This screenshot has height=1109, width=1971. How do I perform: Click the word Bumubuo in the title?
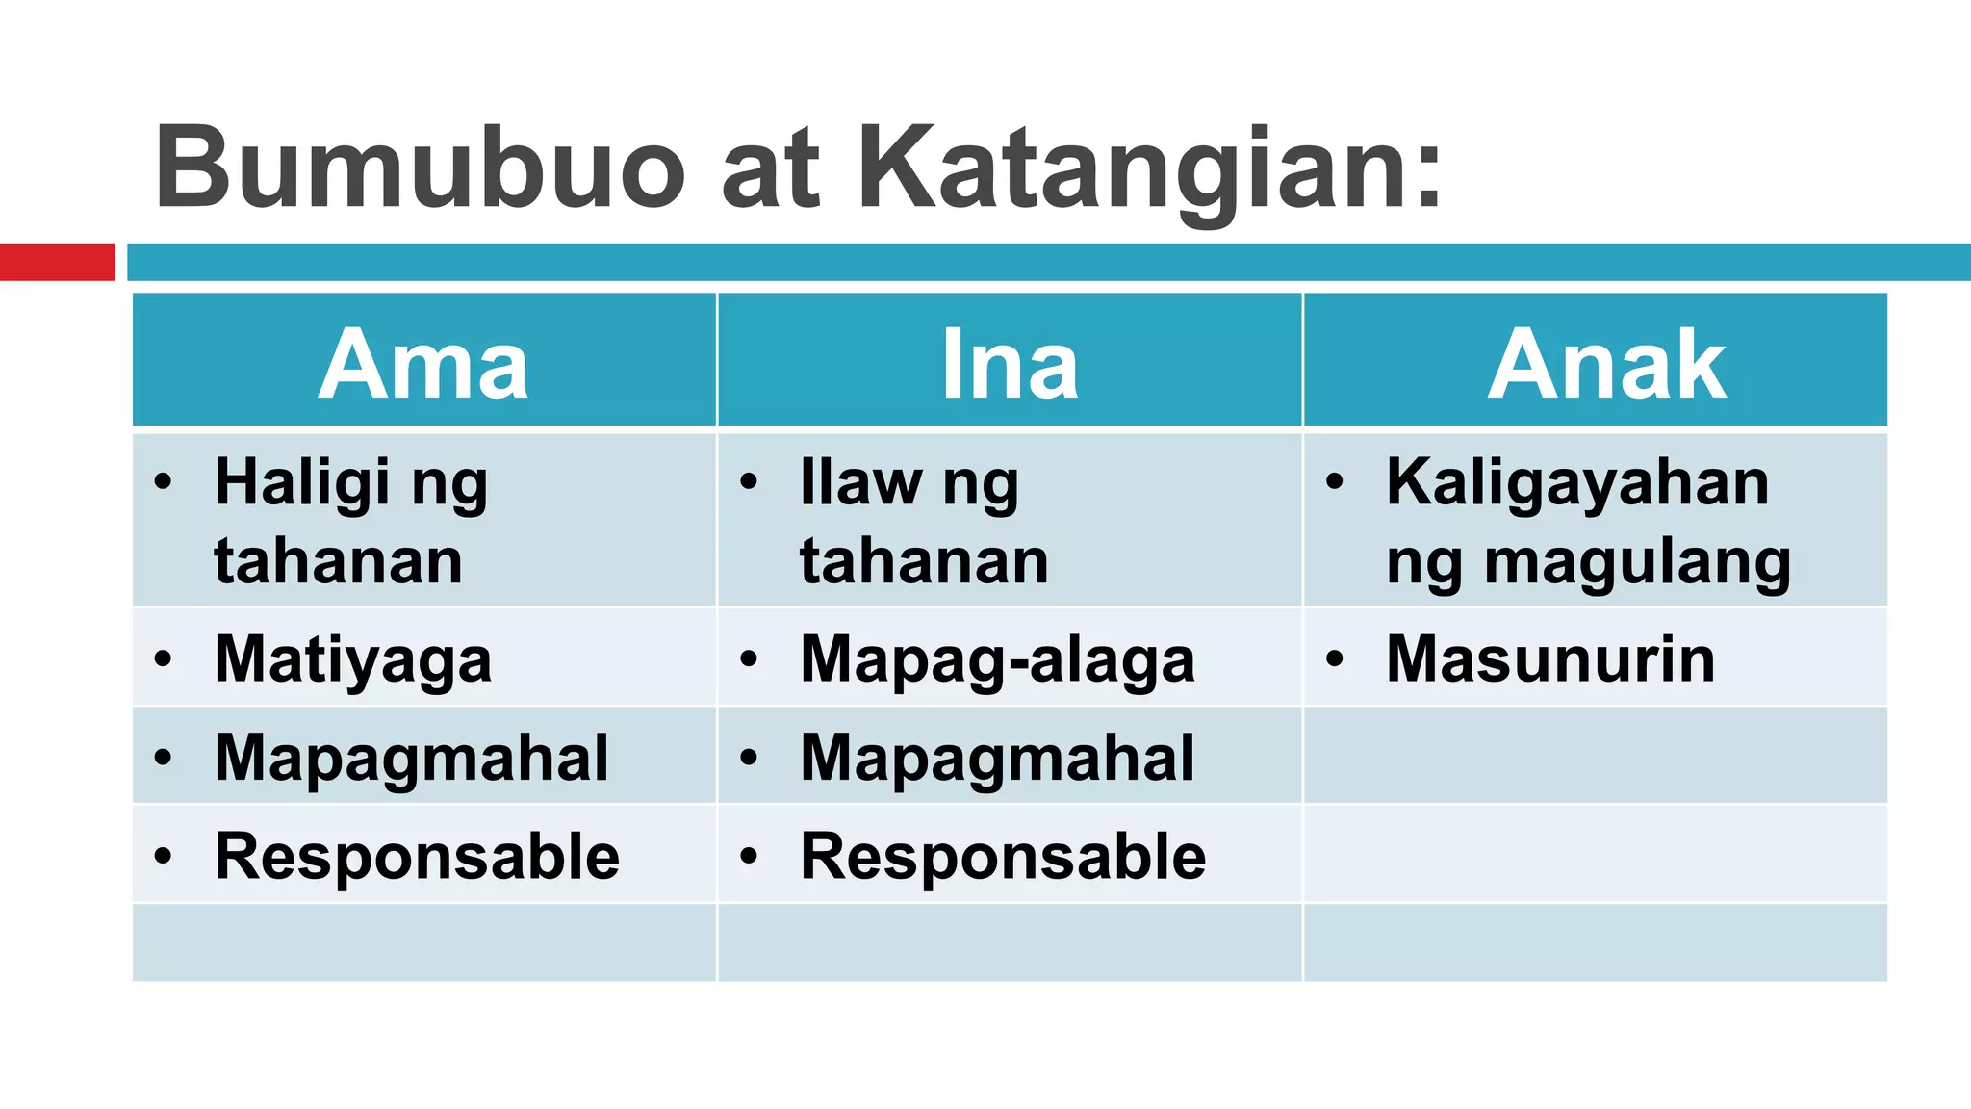420,168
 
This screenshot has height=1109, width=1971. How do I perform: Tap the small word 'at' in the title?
770,173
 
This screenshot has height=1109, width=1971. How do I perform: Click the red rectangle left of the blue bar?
57,262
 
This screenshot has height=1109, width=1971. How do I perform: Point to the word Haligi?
302,483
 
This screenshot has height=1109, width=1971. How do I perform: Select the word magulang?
1637,562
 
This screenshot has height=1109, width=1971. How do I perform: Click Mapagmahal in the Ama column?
412,759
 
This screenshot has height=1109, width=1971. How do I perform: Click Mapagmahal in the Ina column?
997,759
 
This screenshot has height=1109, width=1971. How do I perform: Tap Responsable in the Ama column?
417,857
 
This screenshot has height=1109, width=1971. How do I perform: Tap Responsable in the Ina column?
1003,857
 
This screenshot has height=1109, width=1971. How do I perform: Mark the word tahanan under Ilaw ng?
924,561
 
